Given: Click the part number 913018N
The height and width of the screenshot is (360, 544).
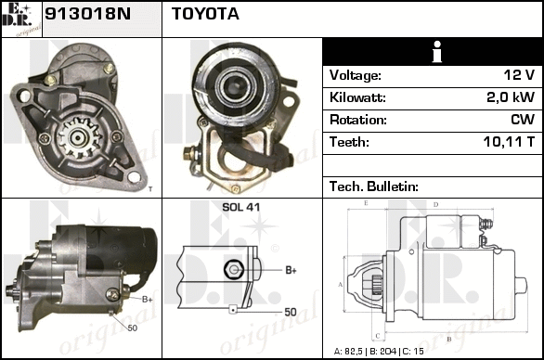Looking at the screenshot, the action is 88,14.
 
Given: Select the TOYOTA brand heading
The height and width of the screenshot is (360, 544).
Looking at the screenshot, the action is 205,14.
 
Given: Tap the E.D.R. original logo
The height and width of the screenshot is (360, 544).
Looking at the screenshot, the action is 21,19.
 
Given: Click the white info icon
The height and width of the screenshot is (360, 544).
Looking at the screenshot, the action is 437,52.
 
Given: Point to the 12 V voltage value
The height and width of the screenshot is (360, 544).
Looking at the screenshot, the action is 519,75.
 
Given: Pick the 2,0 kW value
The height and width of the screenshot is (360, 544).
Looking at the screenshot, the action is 511,97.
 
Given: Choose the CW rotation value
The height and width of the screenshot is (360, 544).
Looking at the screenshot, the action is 523,120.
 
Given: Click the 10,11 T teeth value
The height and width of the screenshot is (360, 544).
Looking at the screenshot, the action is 509,142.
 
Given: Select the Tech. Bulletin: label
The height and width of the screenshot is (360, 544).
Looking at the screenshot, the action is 374,186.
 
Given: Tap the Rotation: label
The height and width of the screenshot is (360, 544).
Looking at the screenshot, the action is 358,120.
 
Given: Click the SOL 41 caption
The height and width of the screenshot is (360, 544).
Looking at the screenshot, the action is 240,207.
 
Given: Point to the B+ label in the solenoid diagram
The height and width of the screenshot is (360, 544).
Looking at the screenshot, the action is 291,270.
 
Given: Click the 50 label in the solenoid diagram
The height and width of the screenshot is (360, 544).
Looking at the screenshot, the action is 291,312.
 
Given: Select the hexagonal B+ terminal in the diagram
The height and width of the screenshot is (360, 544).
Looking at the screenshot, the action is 234,269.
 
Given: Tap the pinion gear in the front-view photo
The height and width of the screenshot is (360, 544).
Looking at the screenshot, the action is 79,138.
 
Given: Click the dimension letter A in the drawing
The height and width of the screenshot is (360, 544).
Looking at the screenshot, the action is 341,285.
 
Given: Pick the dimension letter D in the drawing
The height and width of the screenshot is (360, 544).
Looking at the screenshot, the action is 435,205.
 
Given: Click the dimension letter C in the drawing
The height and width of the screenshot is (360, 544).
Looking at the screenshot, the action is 378,336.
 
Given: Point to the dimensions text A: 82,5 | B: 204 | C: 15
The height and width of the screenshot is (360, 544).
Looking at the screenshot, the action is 379,352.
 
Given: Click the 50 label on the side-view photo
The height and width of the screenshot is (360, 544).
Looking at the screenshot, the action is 132,328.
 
